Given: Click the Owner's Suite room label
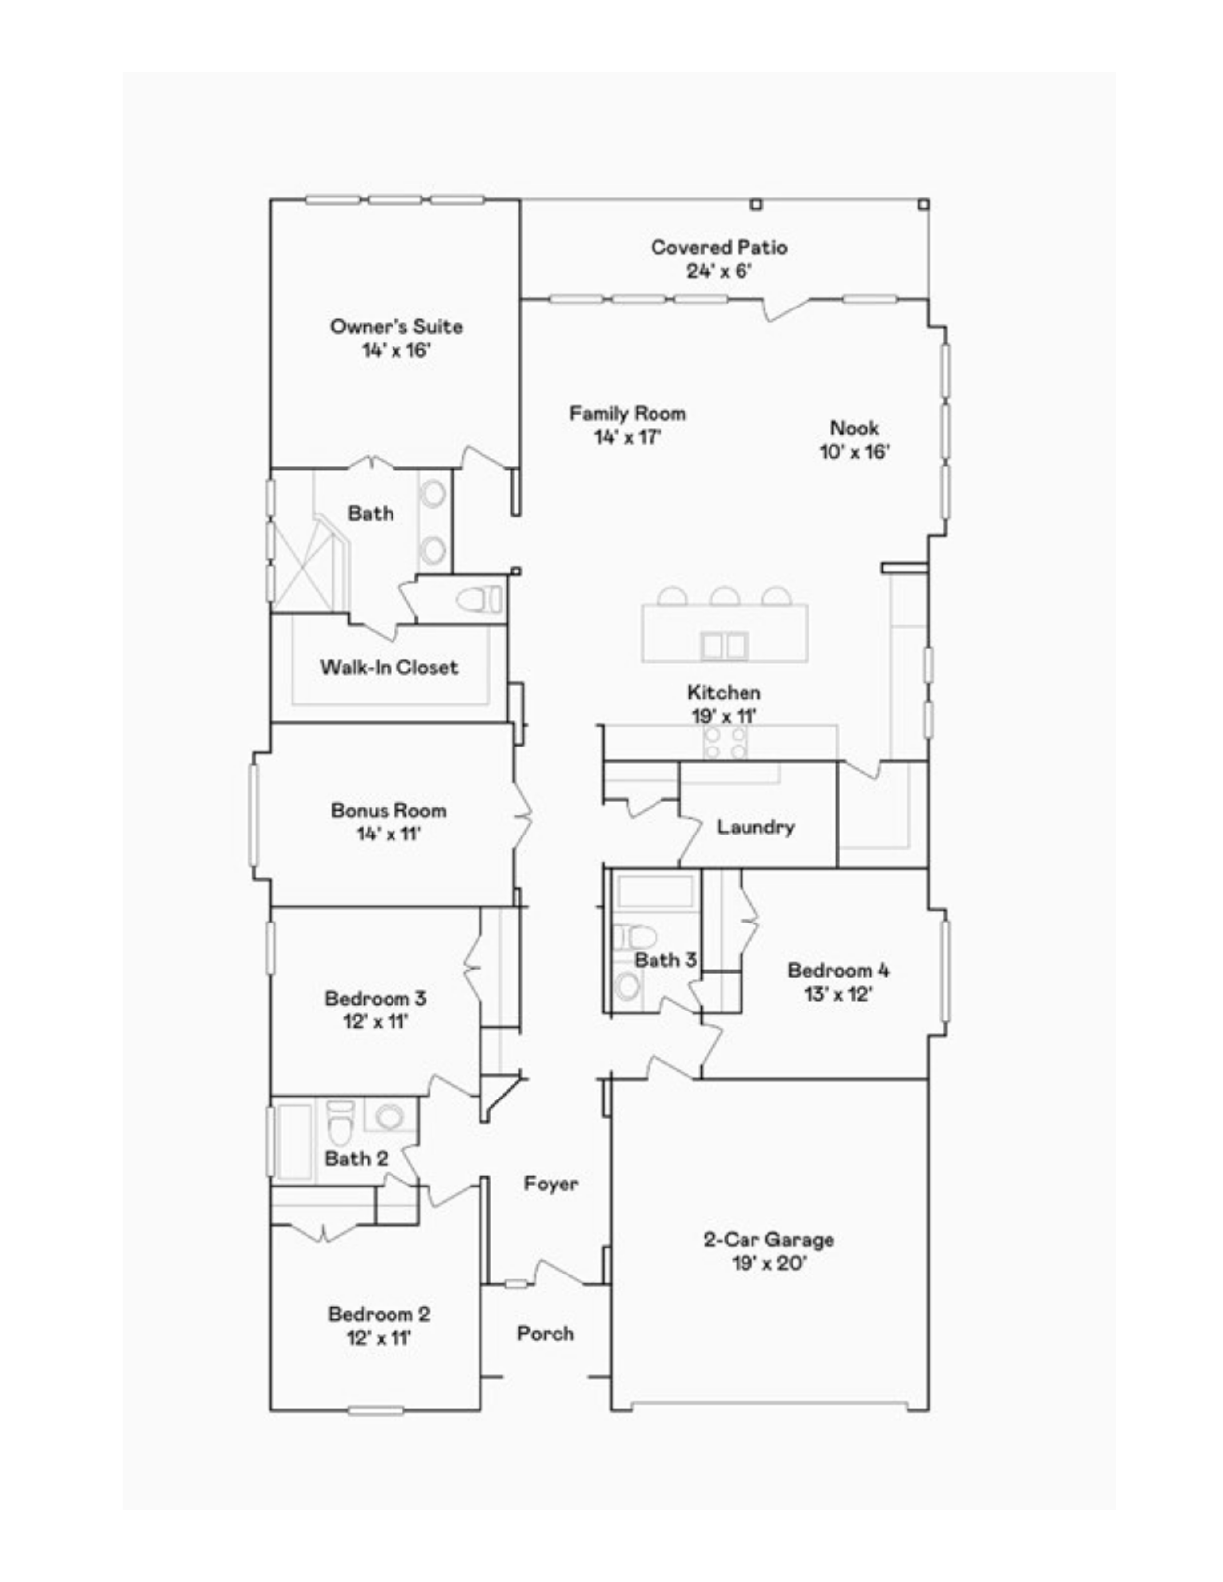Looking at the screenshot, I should pyautogui.click(x=395, y=326).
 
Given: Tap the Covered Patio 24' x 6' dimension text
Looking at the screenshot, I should pyautogui.click(x=719, y=271).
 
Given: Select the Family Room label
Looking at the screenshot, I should pyautogui.click(x=627, y=413).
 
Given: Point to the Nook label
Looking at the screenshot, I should pyautogui.click(x=854, y=428).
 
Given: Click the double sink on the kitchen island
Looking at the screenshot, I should pyautogui.click(x=724, y=646).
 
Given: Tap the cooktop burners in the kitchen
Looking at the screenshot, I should pyautogui.click(x=725, y=743).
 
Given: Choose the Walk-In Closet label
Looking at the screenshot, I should pyautogui.click(x=389, y=667).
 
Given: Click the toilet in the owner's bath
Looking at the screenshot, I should pyautogui.click(x=480, y=599).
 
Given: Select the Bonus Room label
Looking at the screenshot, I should pyautogui.click(x=389, y=810).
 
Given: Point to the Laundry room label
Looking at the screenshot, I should pyautogui.click(x=755, y=827).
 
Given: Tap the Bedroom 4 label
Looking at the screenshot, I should pyautogui.click(x=837, y=970).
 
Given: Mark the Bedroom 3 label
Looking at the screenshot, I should pyautogui.click(x=376, y=998).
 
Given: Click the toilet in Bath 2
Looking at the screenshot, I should pyautogui.click(x=339, y=1121).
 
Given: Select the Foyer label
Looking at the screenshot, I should pyautogui.click(x=551, y=1184).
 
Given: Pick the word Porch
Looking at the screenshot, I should pyautogui.click(x=545, y=1333).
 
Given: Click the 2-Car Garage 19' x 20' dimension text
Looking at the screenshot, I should pyautogui.click(x=768, y=1263).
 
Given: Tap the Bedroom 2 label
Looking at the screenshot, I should pyautogui.click(x=379, y=1314).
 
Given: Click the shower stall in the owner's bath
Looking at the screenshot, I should pyautogui.click(x=307, y=564).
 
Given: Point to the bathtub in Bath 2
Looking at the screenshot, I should pyautogui.click(x=294, y=1141).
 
